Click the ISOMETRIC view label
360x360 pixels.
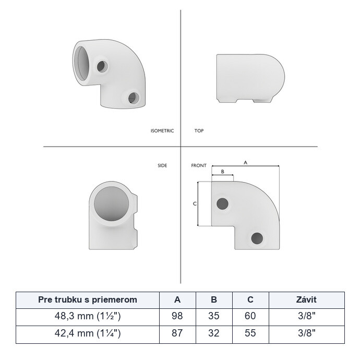click(162, 131)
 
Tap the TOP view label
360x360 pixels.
click(199, 131)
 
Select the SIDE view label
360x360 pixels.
click(162, 165)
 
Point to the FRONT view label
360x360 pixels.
click(199, 165)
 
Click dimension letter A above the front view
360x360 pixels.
click(245, 163)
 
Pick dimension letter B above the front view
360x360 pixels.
click(222, 172)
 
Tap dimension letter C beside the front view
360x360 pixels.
click(195, 203)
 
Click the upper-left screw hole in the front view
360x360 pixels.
click(222, 203)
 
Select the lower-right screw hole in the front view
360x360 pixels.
click(257, 238)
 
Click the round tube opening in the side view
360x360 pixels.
click(111, 204)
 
